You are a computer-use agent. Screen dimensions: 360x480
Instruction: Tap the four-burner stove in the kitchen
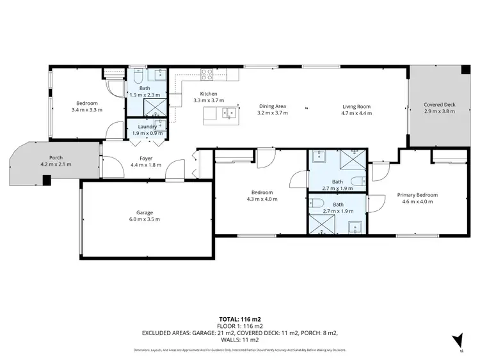coord(208,74)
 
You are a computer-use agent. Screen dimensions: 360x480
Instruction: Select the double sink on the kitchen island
coord(227,114)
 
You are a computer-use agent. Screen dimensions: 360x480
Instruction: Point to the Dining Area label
coord(272,106)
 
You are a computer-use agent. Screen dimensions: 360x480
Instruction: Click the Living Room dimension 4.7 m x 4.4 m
coord(356,113)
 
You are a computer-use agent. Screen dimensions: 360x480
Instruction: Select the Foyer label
coord(145,158)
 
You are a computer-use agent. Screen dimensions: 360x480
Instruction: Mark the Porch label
coord(56,157)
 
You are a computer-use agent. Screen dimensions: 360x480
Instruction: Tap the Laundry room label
coord(147,127)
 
